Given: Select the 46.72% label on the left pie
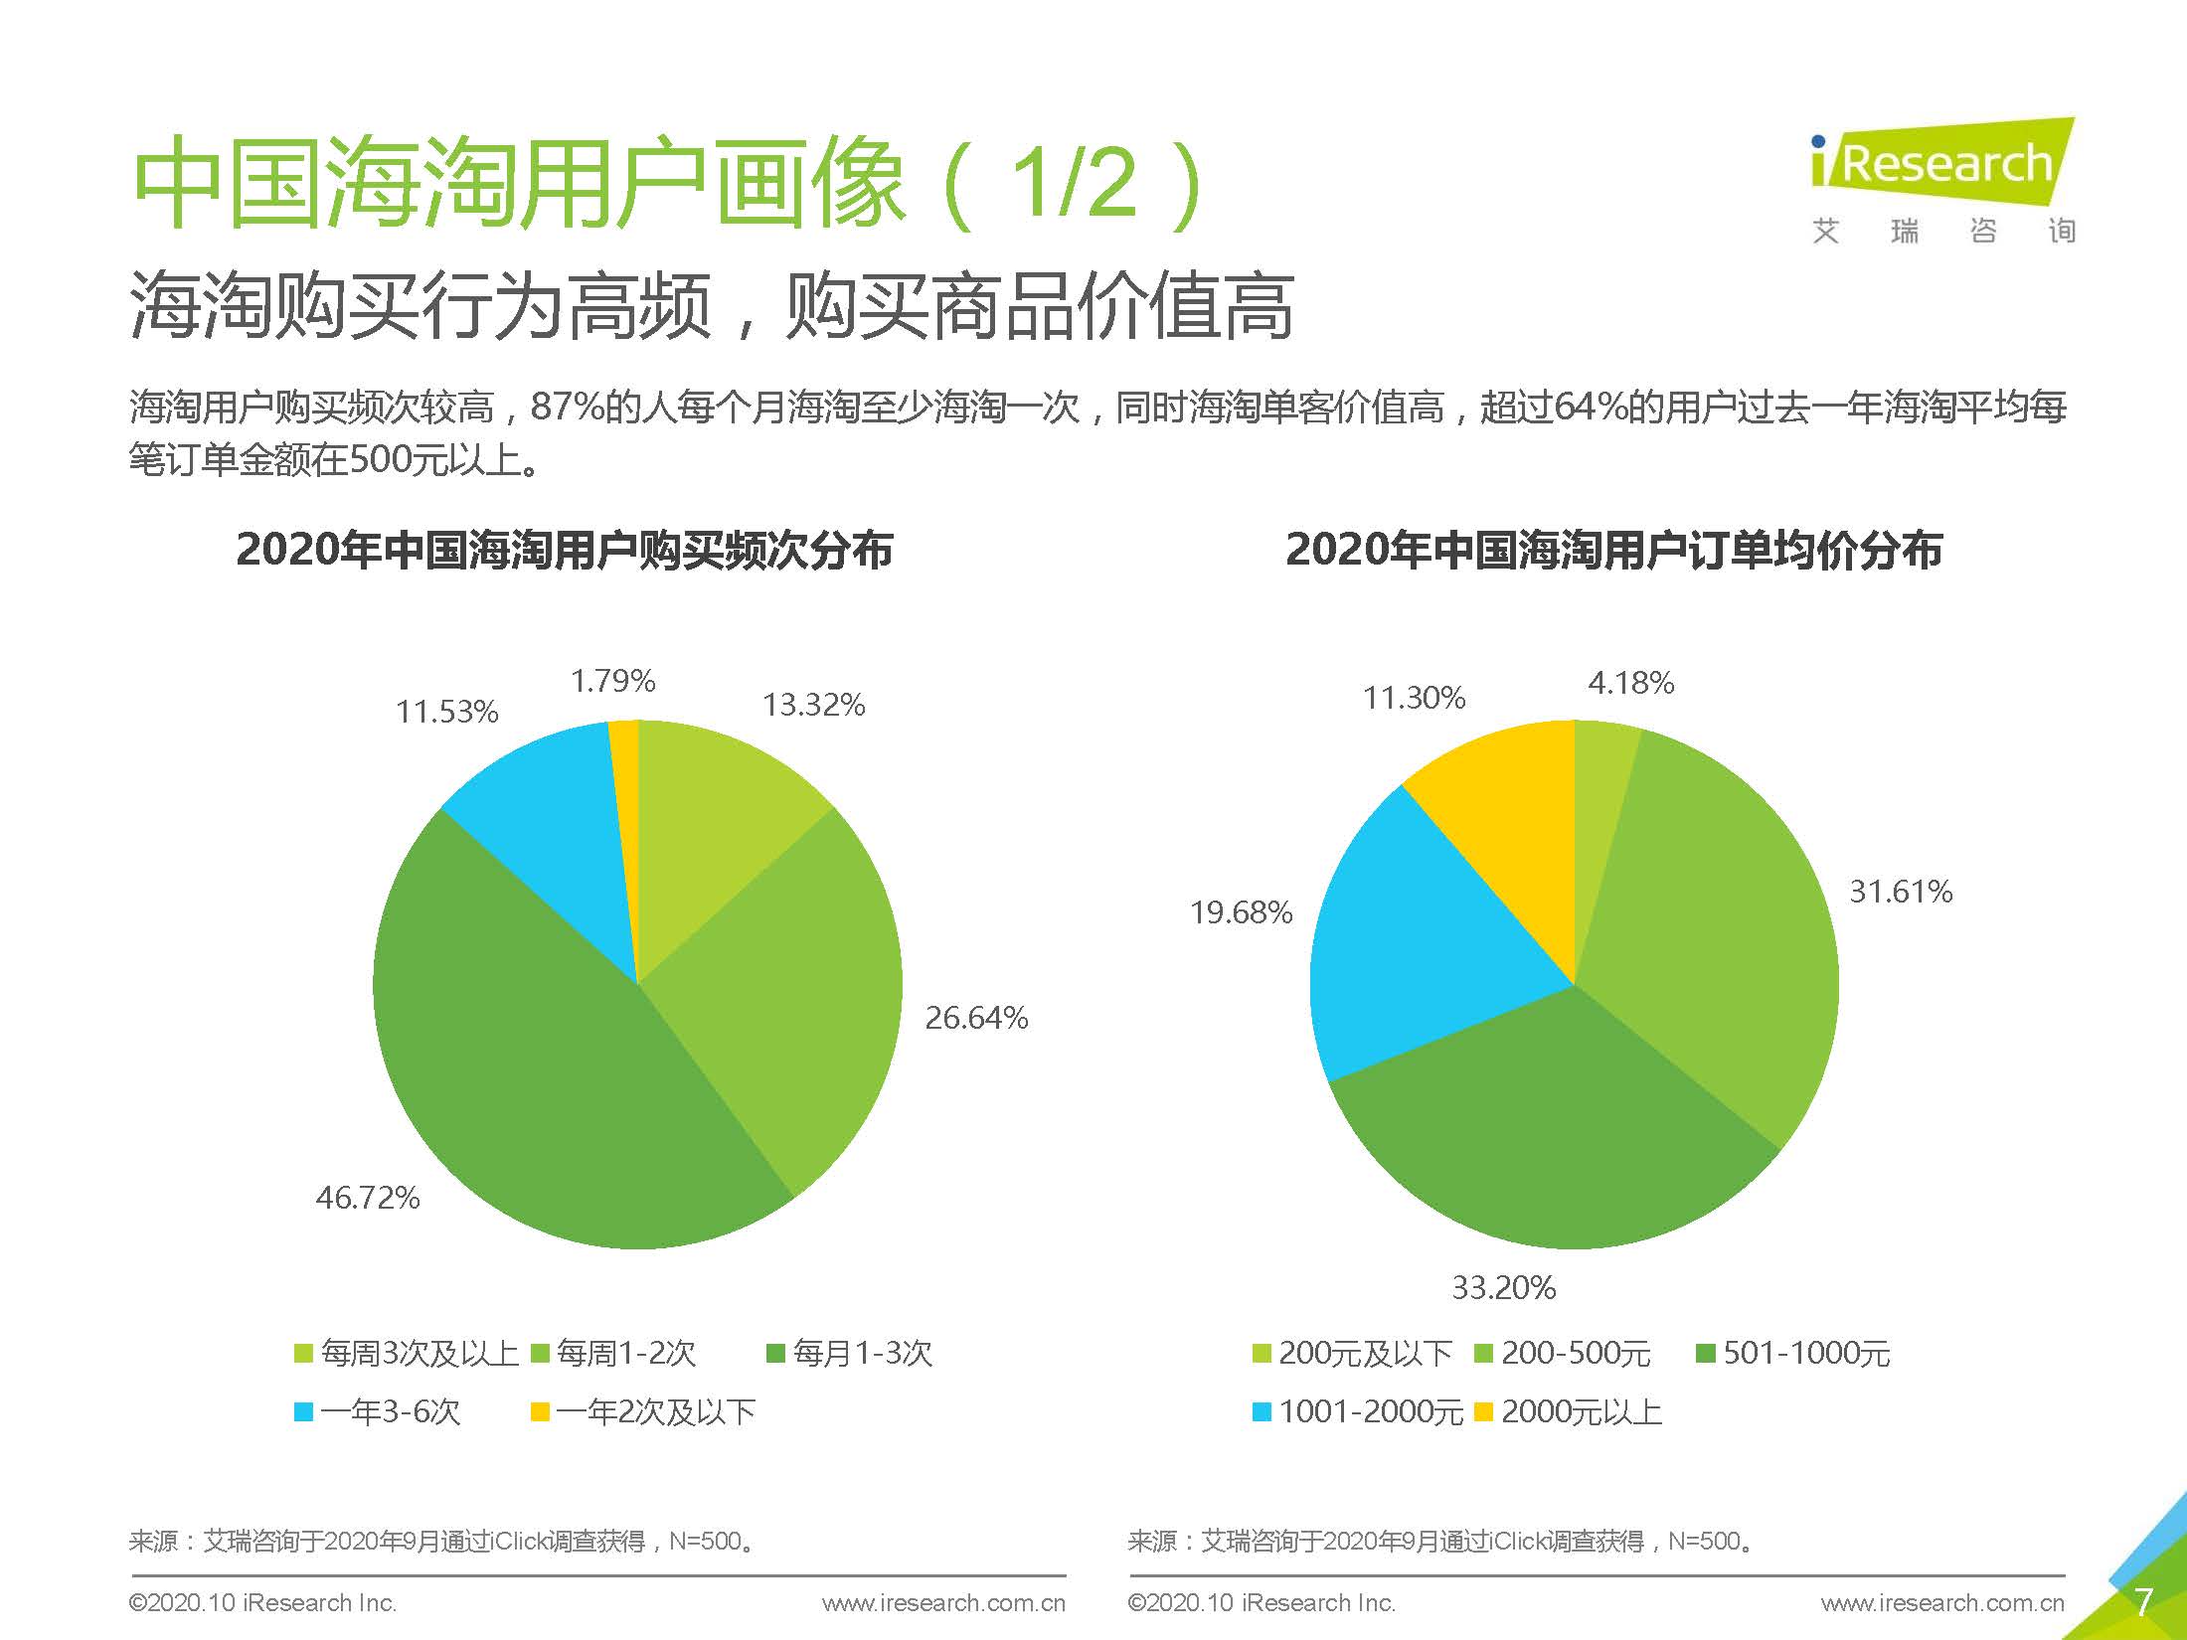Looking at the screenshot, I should [x=367, y=1197].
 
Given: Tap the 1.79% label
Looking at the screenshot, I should [x=612, y=681].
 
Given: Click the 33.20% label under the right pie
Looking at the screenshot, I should [x=1503, y=1288].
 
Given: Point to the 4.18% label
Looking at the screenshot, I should [x=1630, y=683].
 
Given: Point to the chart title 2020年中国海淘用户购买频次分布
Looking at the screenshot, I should [x=564, y=550].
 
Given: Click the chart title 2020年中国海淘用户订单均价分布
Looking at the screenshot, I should [x=1613, y=550].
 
